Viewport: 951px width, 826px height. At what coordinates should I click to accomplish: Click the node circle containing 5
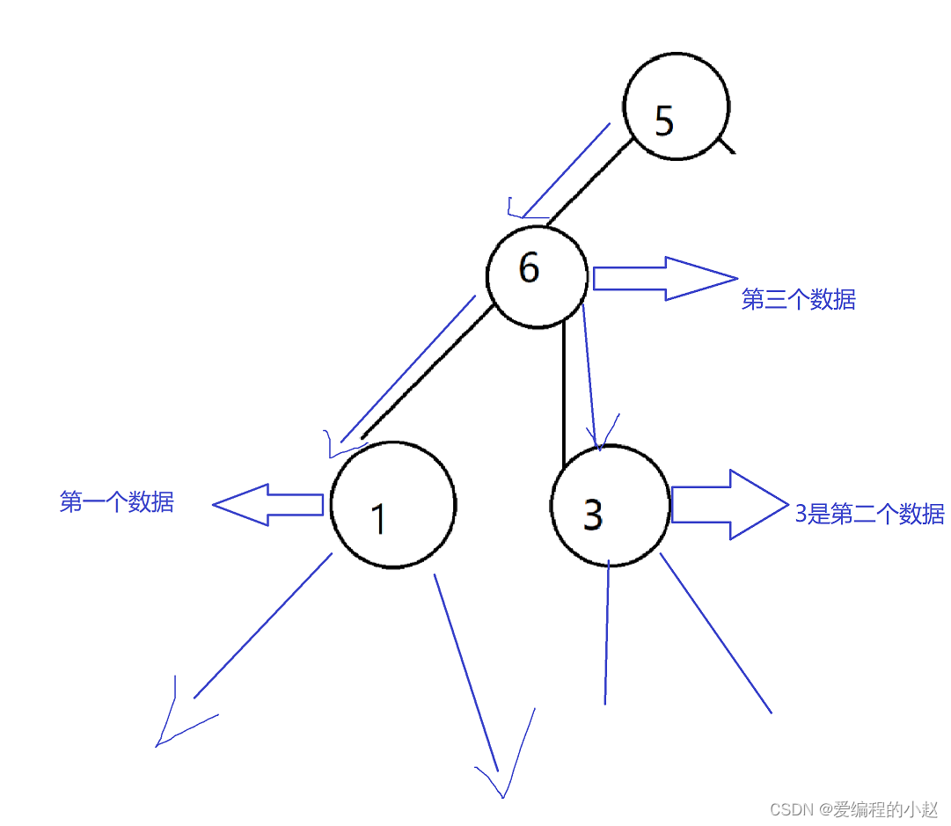(677, 108)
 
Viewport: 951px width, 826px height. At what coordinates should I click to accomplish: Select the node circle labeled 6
(537, 276)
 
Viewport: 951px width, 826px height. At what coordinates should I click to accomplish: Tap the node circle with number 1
(393, 504)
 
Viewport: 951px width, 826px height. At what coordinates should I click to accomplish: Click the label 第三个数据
(798, 300)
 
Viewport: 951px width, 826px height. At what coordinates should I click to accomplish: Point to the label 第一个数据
(117, 502)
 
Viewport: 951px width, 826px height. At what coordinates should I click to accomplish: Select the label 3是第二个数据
(869, 515)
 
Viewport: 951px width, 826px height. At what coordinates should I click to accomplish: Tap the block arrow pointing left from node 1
(268, 505)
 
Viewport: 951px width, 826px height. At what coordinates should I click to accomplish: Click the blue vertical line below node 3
(607, 633)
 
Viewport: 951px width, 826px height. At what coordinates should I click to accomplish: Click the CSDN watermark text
(853, 809)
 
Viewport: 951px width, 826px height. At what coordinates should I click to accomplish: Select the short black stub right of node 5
(727, 144)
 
